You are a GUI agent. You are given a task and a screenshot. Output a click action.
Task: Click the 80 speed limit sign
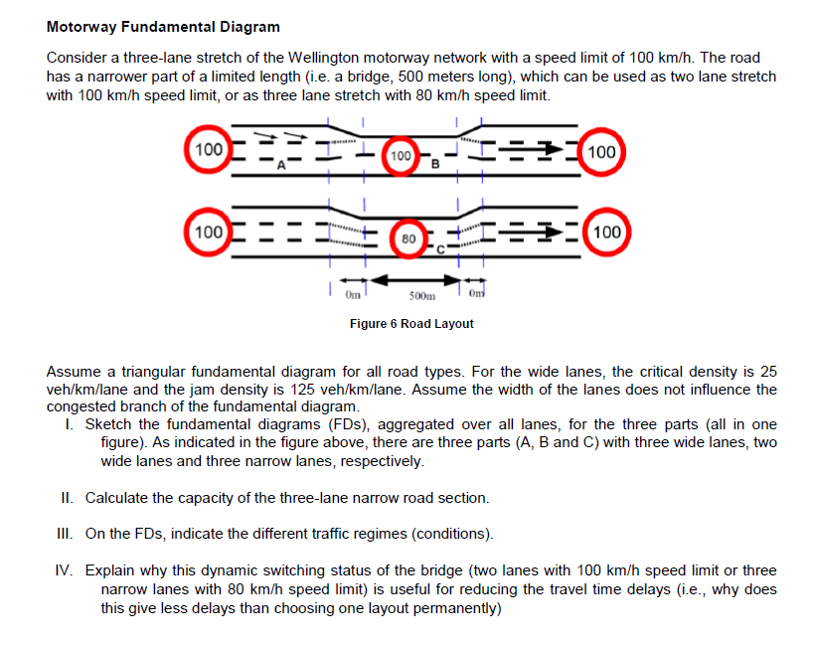coord(408,239)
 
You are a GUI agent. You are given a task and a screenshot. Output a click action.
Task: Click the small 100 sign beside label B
coord(401,156)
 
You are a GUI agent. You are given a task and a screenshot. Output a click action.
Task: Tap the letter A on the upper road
coord(281,166)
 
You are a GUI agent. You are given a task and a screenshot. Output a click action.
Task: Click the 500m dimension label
coord(422,295)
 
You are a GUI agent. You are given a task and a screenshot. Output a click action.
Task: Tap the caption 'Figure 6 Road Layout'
coord(411,324)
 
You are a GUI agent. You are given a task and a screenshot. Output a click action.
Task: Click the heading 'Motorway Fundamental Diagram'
coord(163,26)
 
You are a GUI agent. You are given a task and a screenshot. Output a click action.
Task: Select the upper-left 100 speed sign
coord(209,151)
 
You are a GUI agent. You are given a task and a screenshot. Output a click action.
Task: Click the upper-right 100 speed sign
coord(604,152)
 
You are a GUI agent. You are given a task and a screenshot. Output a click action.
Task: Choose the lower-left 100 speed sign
coord(209,233)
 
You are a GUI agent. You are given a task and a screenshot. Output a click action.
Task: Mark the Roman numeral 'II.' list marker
coord(68,497)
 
